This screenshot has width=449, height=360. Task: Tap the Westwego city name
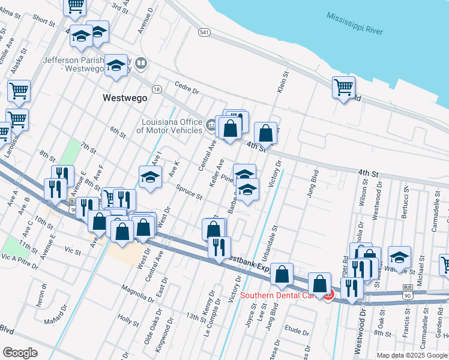click(125, 98)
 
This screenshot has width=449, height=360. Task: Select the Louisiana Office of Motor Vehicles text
click(171, 126)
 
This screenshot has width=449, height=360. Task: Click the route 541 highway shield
click(204, 32)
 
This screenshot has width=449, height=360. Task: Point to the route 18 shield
click(157, 89)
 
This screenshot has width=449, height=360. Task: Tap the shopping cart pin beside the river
click(343, 88)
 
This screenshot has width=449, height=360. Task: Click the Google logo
click(20, 352)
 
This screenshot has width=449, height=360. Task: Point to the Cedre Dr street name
click(187, 88)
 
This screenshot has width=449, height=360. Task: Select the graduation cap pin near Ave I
click(151, 177)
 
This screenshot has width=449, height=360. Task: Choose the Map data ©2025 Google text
click(412, 355)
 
